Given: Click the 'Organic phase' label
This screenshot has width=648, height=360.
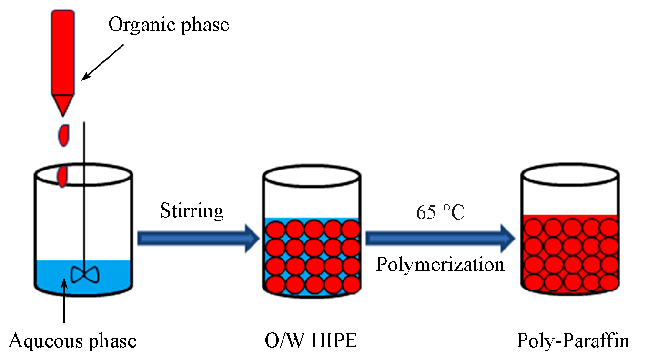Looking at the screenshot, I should [168, 25].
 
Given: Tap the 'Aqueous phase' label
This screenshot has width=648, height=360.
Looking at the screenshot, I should [72, 341].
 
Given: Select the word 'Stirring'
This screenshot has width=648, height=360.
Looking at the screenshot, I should [192, 210].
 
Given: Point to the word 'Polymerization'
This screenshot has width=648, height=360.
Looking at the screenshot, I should [440, 264].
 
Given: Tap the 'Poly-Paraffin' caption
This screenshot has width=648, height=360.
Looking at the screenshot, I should [573, 341].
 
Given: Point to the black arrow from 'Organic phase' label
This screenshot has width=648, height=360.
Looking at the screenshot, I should [102, 61].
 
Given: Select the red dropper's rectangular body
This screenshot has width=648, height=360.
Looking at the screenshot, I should [63, 52].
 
